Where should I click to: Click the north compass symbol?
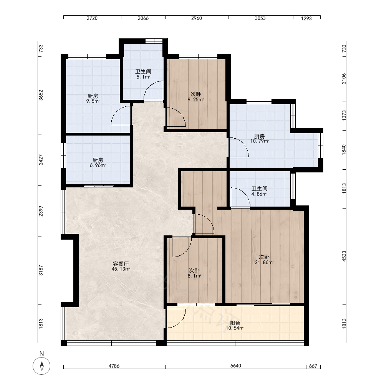point(41,366)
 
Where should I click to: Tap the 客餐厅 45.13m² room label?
point(121,266)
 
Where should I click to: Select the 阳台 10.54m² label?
point(235,326)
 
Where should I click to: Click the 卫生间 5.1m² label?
point(143,74)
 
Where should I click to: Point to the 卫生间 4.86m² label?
point(260,191)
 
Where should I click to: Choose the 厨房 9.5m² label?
point(93,98)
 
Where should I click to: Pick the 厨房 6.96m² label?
point(98,162)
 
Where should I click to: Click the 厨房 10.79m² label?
point(260,138)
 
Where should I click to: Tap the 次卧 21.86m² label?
point(264,260)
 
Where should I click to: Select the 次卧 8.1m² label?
point(194,273)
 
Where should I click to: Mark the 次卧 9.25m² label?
point(196,97)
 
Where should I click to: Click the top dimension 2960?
point(196,18)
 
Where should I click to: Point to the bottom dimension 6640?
point(236,366)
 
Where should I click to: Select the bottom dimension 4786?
point(114,366)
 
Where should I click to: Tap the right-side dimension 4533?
point(344,256)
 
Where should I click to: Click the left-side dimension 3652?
point(41,95)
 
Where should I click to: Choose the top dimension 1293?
point(306,18)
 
